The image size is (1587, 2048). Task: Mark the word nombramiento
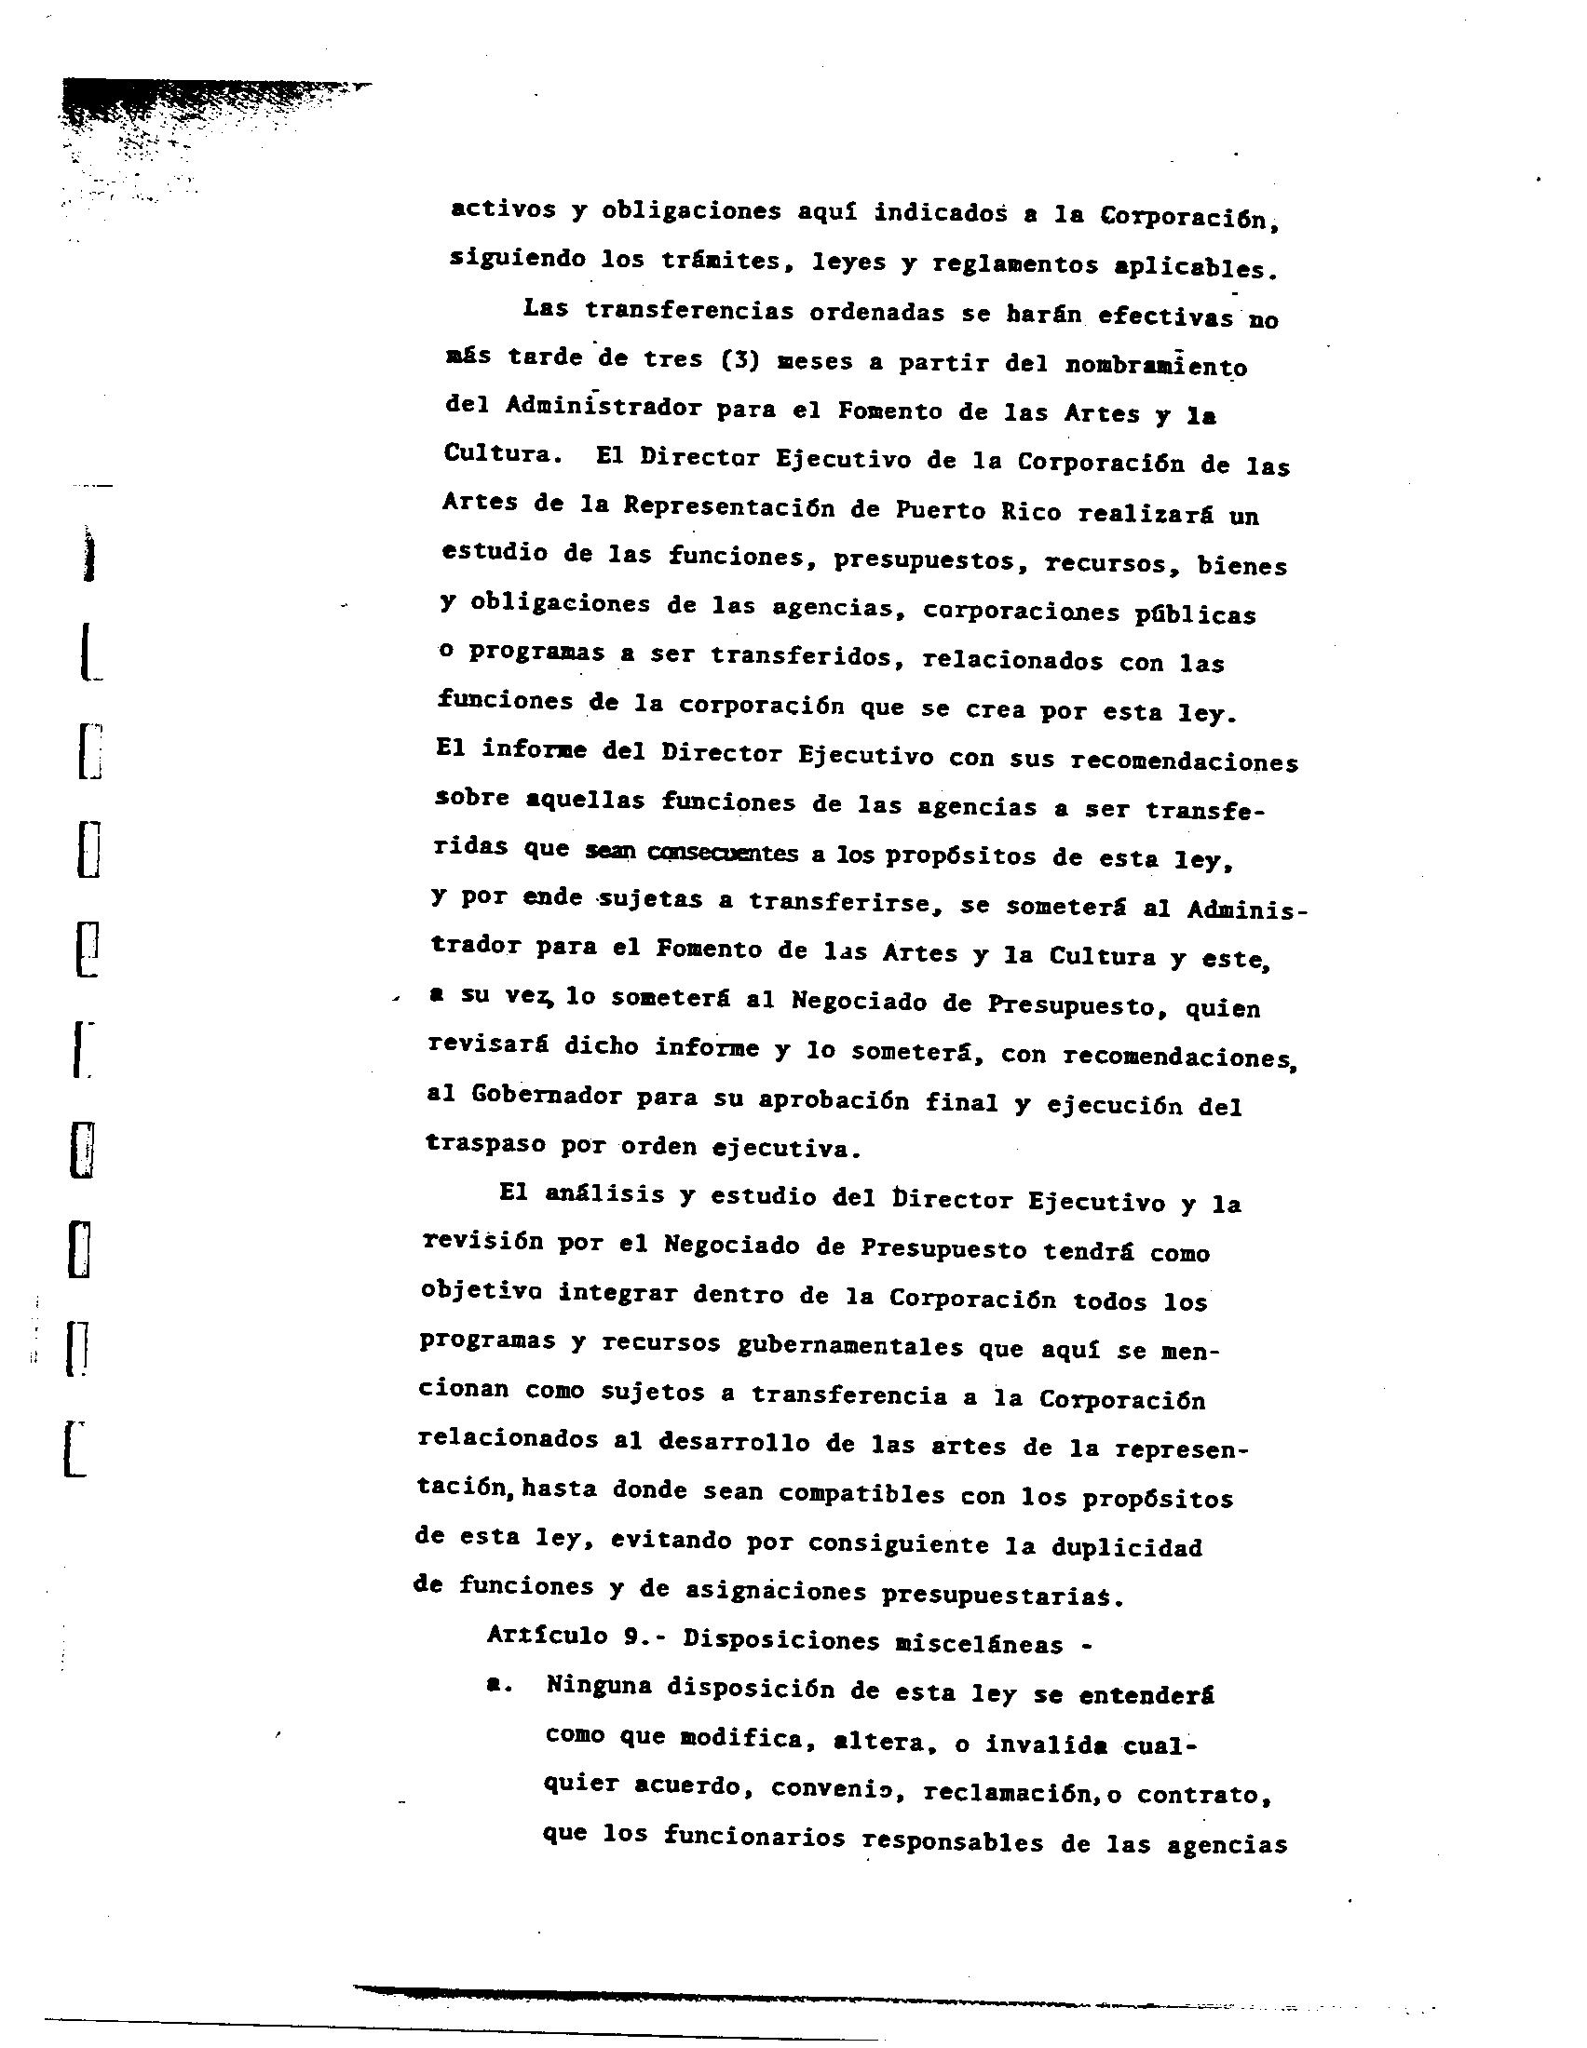tap(1156, 366)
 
